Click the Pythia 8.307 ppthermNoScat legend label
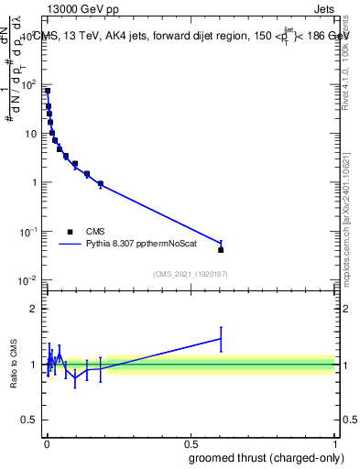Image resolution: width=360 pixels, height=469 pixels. [143, 245]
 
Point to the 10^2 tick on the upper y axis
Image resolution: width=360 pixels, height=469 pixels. [30, 85]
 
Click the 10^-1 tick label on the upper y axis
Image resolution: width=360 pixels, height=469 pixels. [29, 231]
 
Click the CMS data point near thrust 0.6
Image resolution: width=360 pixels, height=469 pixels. [221, 249]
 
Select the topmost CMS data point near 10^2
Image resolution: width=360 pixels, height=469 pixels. [48, 91]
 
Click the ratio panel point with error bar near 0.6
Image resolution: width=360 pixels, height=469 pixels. [221, 339]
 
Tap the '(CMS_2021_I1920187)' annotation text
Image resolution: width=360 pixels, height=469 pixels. [190, 273]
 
